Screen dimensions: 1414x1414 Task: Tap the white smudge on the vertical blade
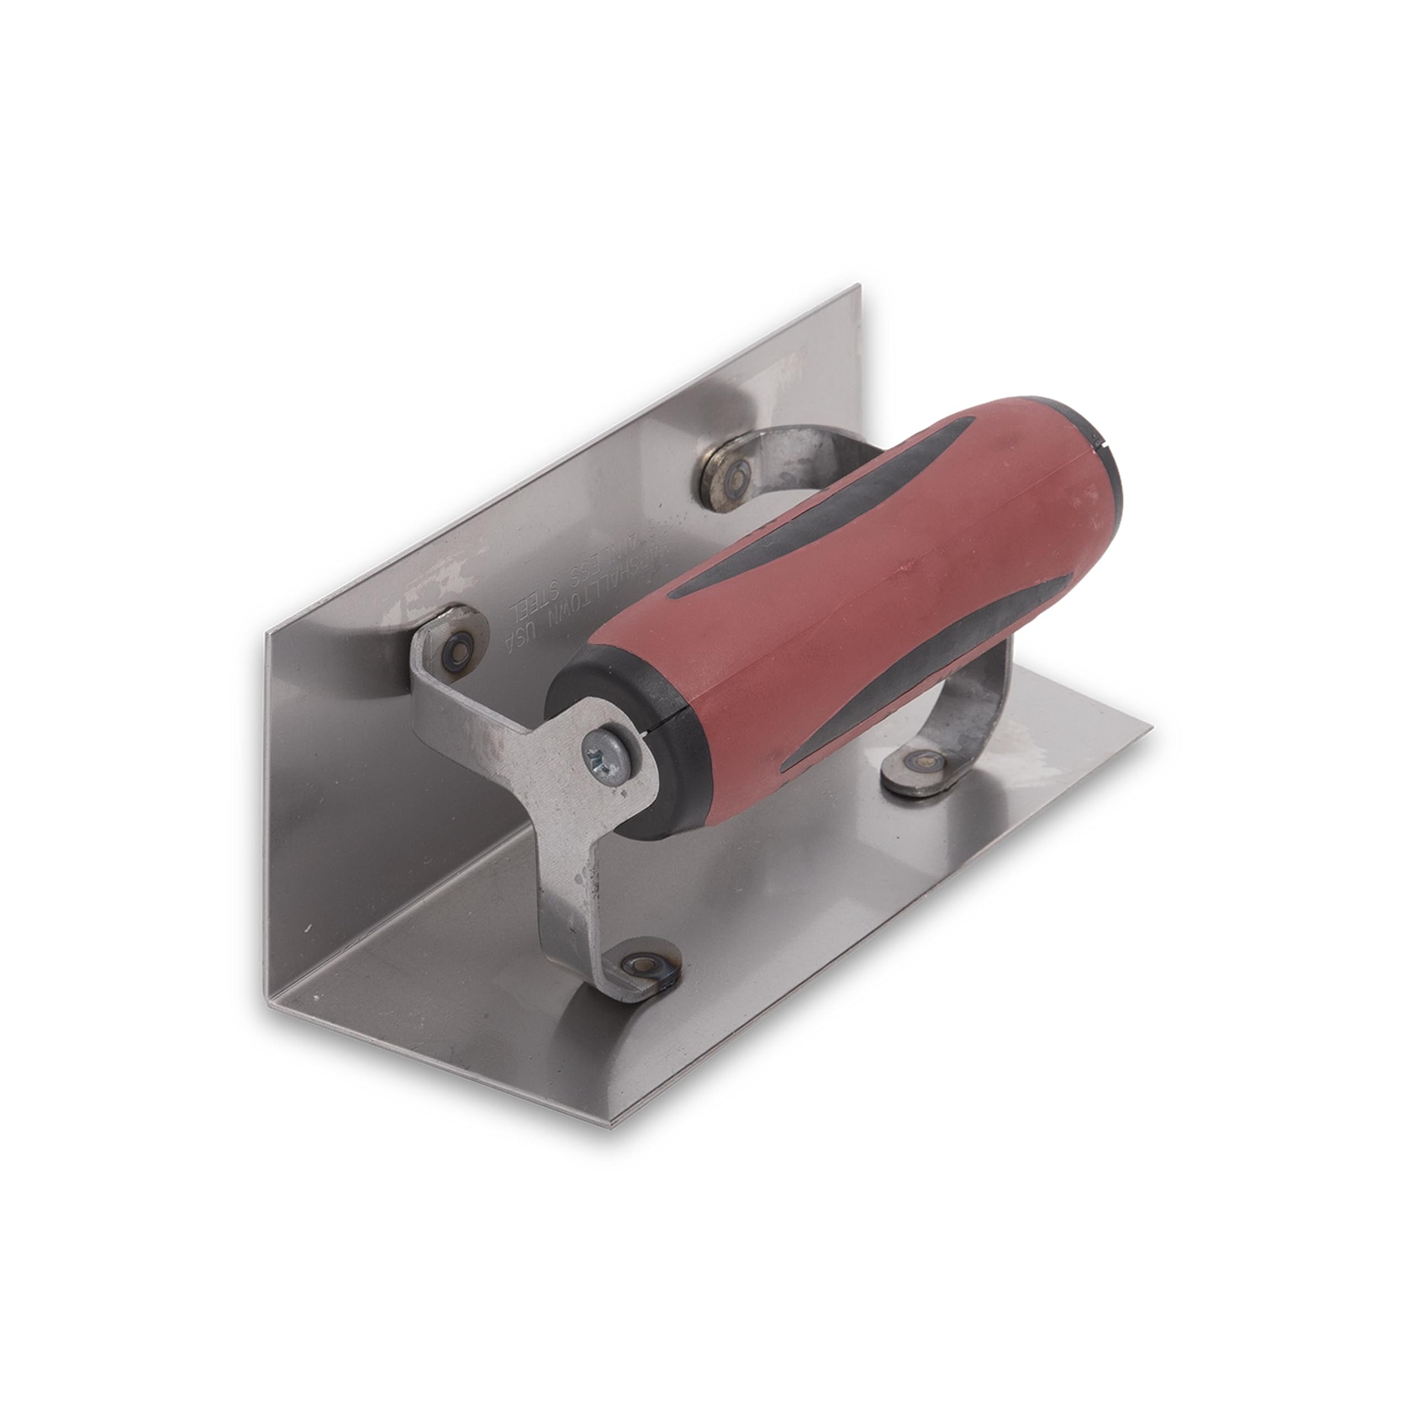click(x=432, y=585)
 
